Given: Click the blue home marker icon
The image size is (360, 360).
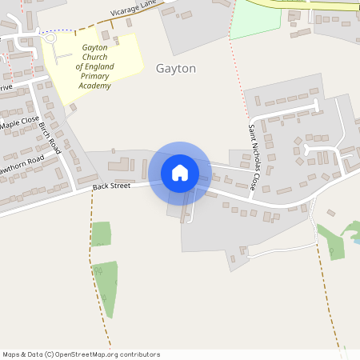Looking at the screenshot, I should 180,173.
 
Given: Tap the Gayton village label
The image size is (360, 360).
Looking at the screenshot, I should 176,69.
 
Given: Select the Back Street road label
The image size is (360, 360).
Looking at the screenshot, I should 110,186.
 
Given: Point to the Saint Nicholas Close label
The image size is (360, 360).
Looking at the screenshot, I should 252,157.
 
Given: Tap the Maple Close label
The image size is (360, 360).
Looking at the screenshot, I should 19,124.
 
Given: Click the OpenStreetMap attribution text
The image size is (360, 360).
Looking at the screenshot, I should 81,354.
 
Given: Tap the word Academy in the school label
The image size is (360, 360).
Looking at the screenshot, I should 100,86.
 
